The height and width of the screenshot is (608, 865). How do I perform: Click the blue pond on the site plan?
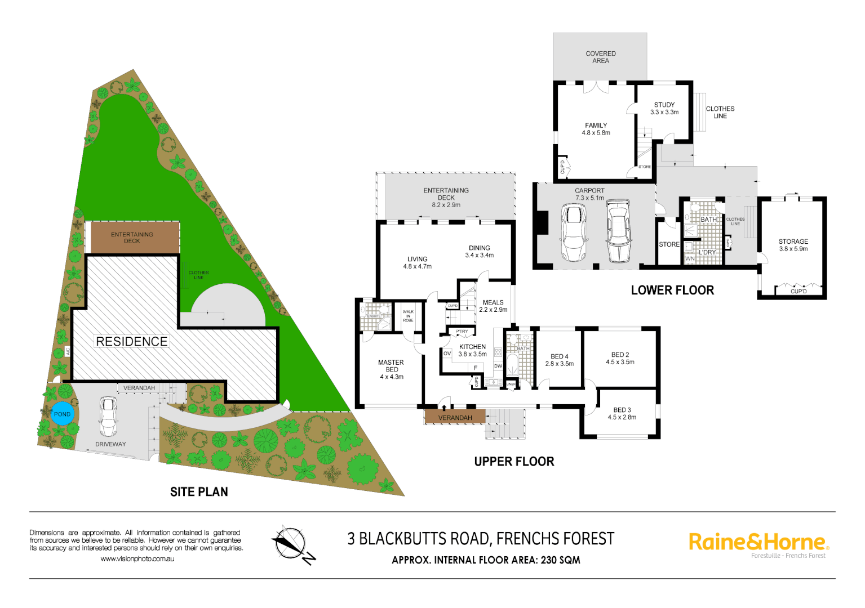pos(62,414)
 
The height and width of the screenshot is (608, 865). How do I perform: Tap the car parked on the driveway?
pos(109,417)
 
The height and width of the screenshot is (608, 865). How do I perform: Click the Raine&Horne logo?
pos(758,543)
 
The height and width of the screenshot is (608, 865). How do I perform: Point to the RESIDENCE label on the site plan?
pos(132,342)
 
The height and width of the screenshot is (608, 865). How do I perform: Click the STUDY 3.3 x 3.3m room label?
pos(664,109)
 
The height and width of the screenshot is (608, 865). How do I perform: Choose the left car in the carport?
pos(574,233)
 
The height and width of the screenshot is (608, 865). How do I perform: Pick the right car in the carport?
pos(618,231)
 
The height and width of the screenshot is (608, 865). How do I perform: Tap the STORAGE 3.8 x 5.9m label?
pos(793,245)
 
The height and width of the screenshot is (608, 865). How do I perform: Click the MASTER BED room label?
pos(391,370)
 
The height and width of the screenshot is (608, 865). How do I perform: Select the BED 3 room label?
pos(622,414)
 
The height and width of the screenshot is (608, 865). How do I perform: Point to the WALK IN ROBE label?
pos(408,316)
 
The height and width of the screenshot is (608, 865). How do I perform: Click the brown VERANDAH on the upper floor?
pos(455,417)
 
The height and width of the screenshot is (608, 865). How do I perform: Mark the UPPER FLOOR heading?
pos(514,462)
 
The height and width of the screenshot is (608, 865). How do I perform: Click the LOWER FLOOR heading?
pos(672,290)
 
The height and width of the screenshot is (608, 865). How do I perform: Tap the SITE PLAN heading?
pos(199,492)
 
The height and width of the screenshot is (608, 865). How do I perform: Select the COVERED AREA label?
pos(600,57)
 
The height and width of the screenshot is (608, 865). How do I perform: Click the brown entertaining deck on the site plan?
pos(132,238)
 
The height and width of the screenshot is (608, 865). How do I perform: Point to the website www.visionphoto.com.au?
pos(137,559)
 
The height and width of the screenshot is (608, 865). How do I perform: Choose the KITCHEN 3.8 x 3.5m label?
pos(472,351)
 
